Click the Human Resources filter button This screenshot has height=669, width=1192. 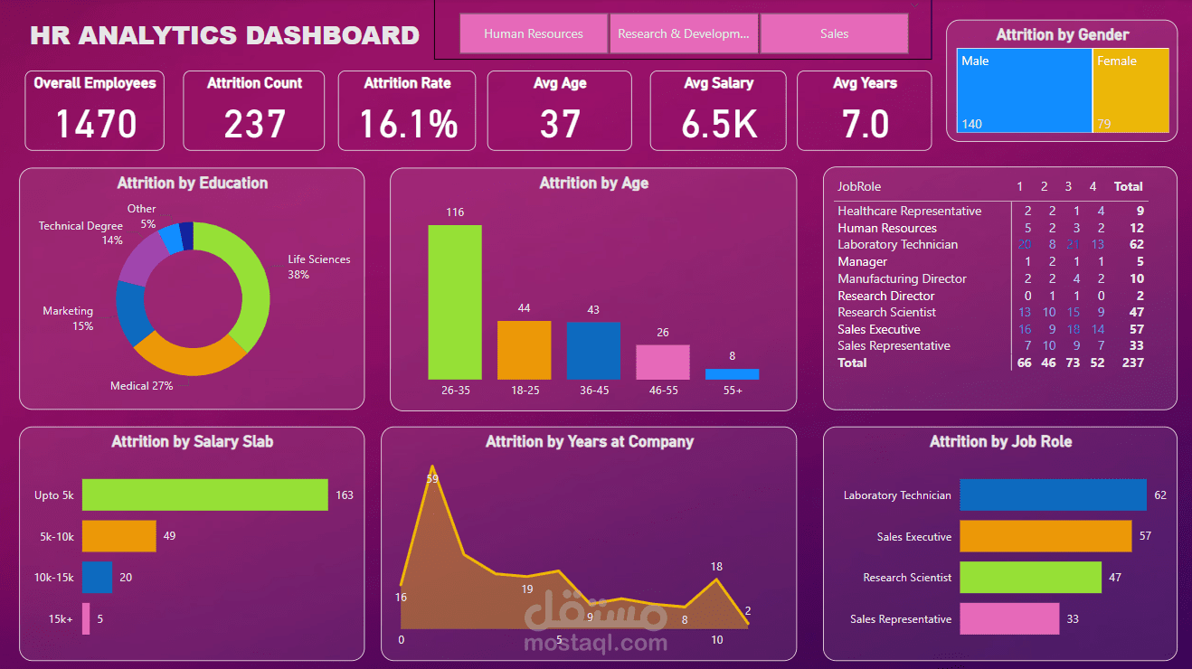(x=534, y=33)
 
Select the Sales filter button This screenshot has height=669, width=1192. (x=834, y=33)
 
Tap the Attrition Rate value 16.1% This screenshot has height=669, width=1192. (x=408, y=124)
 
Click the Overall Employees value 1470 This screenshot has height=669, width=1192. (x=96, y=124)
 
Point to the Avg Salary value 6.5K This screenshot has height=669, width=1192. (x=719, y=124)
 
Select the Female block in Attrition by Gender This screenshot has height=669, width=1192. (x=1131, y=90)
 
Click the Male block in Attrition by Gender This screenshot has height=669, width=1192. (x=1024, y=90)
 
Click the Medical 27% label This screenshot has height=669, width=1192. (x=141, y=386)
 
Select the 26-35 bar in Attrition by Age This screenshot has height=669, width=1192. (x=455, y=302)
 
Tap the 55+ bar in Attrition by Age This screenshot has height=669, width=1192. (x=732, y=373)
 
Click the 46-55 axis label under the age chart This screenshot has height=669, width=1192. (x=663, y=391)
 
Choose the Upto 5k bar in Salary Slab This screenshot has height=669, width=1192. (x=204, y=495)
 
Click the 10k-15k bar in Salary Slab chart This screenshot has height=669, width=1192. (x=97, y=577)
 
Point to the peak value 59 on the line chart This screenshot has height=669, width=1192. (x=432, y=478)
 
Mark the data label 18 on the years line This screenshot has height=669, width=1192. (x=716, y=567)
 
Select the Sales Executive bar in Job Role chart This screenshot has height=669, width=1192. (x=1045, y=536)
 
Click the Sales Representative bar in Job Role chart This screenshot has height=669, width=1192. (x=1009, y=619)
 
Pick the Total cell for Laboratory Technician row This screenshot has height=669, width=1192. (x=1136, y=244)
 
